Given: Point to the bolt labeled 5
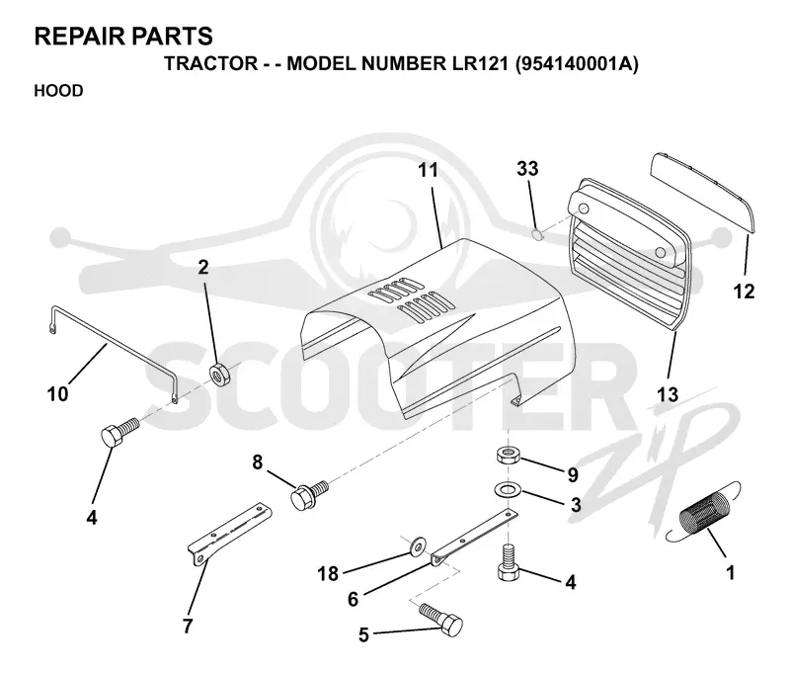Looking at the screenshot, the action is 440,619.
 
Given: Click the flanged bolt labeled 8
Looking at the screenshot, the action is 309,494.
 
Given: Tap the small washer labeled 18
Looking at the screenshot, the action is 417,547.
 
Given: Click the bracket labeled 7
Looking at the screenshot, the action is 230,534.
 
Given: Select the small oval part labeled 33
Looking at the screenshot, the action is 537,234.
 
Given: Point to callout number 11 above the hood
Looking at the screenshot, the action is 429,170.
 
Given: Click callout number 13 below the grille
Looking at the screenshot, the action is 668,394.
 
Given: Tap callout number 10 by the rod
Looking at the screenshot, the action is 57,393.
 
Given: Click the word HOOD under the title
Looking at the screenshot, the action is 58,91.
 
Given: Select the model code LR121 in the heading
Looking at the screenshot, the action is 478,64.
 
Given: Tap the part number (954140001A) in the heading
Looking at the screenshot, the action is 577,64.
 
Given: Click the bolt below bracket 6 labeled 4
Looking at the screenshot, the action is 509,564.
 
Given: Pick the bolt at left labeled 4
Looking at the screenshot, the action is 118,432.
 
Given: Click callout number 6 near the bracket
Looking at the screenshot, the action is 353,599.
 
